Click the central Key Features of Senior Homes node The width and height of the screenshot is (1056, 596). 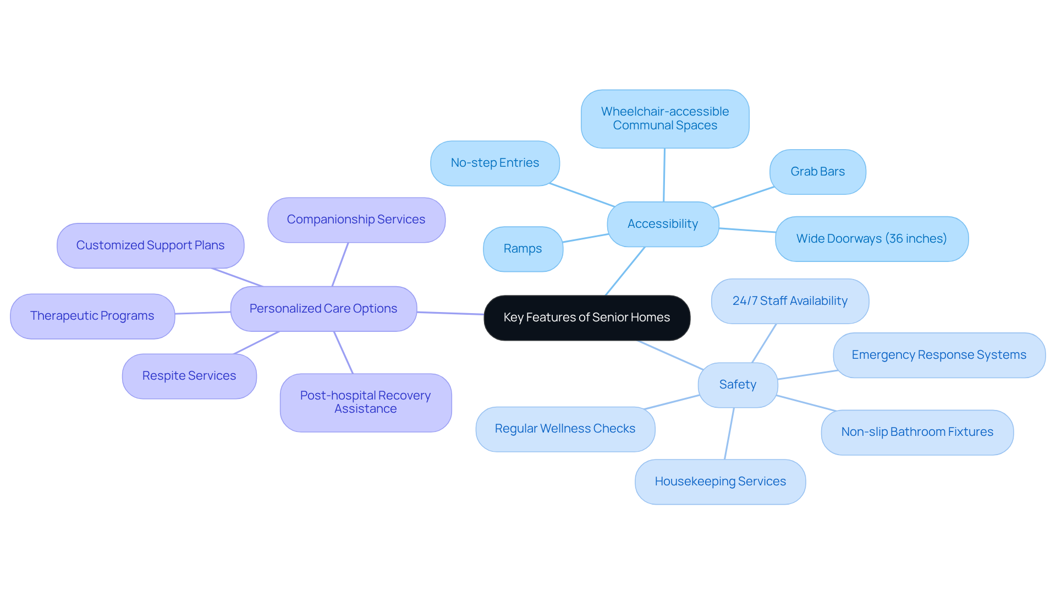point(586,318)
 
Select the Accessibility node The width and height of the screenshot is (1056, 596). point(662,224)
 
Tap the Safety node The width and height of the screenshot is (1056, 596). point(738,385)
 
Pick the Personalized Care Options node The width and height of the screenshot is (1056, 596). point(323,309)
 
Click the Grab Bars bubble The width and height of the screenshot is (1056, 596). point(817,172)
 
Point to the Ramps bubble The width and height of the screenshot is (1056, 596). point(522,249)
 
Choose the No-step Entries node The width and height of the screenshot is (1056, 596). point(494,163)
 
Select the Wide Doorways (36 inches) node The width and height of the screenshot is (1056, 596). point(871,239)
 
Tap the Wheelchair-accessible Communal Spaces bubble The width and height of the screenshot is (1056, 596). point(664,118)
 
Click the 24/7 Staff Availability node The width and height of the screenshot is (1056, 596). point(790,301)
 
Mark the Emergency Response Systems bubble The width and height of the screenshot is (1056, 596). point(939,355)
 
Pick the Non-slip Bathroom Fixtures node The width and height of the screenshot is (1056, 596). point(917,432)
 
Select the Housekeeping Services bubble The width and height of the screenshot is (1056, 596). point(720,482)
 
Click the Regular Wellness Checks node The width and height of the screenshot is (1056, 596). point(565,429)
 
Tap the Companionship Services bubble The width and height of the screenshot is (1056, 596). point(356,220)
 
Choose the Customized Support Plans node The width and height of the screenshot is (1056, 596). point(150,245)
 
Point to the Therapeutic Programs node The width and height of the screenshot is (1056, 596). point(92,316)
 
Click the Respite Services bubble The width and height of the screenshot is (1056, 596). point(189,376)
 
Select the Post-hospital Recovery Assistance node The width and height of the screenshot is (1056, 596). point(365,402)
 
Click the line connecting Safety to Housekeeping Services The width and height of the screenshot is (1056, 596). point(729,434)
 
